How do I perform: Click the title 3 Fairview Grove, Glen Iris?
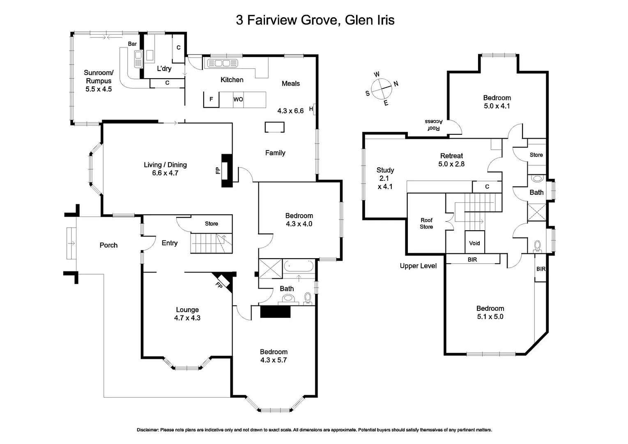(x=315, y=20)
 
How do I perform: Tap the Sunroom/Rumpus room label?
(x=99, y=77)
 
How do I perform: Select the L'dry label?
(x=164, y=69)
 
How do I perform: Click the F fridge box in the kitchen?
(x=211, y=99)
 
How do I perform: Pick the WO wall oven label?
(x=238, y=99)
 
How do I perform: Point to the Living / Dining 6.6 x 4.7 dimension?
(x=165, y=173)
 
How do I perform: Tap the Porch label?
(x=108, y=245)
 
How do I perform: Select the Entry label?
(x=169, y=243)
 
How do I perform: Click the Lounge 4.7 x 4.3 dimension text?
(x=187, y=318)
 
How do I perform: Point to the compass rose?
(x=381, y=88)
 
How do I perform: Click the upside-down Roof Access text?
(x=434, y=125)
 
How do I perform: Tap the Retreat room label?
(x=451, y=156)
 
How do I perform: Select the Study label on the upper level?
(x=385, y=170)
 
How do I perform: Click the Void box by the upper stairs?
(x=474, y=243)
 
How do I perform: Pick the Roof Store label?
(x=426, y=223)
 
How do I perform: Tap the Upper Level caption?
(x=418, y=266)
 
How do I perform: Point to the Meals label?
(x=291, y=83)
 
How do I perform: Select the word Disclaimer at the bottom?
(x=147, y=430)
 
